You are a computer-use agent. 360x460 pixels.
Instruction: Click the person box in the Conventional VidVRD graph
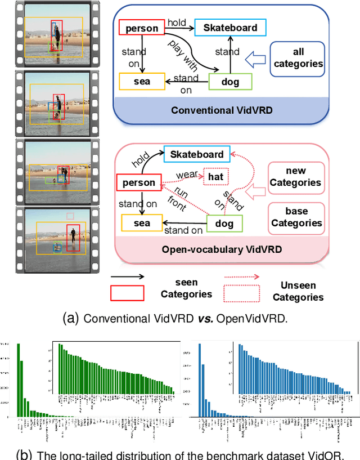click(142, 29)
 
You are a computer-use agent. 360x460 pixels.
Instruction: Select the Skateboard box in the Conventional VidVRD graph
click(230, 28)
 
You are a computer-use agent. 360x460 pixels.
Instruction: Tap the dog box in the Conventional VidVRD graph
click(230, 82)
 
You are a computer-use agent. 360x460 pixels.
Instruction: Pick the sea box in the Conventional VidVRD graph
click(142, 82)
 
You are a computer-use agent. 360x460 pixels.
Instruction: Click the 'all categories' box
click(298, 58)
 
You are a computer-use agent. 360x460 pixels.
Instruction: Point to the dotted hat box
click(216, 177)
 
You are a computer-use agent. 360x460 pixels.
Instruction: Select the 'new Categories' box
click(296, 177)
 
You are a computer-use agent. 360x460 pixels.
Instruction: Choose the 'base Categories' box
click(296, 217)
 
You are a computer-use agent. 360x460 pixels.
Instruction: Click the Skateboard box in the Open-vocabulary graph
click(197, 154)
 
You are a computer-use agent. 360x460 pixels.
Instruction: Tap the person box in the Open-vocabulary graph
click(138, 182)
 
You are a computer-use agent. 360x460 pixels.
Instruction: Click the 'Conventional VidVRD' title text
click(222, 110)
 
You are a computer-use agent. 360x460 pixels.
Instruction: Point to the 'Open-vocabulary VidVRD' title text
click(222, 249)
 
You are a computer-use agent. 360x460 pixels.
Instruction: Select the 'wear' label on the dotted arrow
click(187, 175)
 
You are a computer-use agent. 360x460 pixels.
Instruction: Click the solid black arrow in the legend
click(127, 277)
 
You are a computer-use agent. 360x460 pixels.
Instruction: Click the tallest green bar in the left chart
click(19, 379)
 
